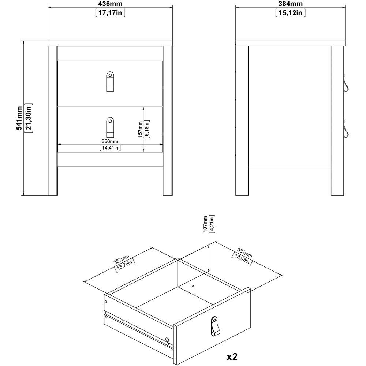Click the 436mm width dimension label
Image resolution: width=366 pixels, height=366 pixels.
click(x=111, y=4)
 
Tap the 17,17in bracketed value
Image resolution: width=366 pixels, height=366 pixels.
click(x=111, y=13)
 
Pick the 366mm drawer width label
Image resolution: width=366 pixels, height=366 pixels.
click(x=110, y=141)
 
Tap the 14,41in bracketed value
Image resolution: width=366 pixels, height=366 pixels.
click(x=110, y=148)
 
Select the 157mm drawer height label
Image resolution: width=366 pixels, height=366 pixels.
click(x=140, y=129)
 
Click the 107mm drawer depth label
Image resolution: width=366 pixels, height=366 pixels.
click(x=206, y=224)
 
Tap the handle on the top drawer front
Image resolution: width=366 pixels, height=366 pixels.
click(x=110, y=81)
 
